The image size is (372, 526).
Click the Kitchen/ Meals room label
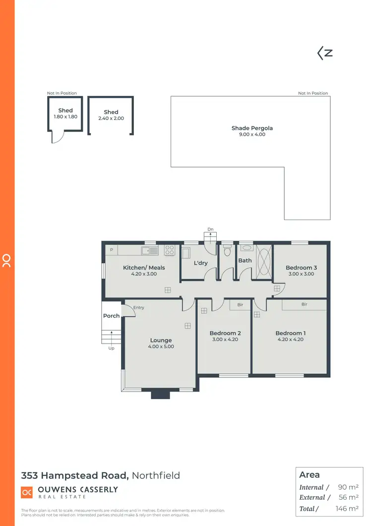tap(144, 268)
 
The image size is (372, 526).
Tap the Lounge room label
tap(161, 341)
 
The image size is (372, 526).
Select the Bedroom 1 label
tap(290, 333)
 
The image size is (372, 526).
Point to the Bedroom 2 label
tap(225, 333)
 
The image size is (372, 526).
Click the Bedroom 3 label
tap(301, 268)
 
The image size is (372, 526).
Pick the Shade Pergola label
tap(252, 128)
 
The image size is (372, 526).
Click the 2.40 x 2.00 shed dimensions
tap(111, 118)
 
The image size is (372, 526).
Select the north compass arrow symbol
tap(325, 54)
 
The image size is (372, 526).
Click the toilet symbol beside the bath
tap(227, 251)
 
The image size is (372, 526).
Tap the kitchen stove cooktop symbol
tap(170, 250)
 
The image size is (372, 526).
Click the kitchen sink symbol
tap(150, 250)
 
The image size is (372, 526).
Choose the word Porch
tap(111, 316)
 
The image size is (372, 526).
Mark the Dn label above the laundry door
tap(210, 229)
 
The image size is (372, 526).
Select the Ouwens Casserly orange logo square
tap(27, 492)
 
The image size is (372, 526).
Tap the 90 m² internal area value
tap(349, 487)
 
